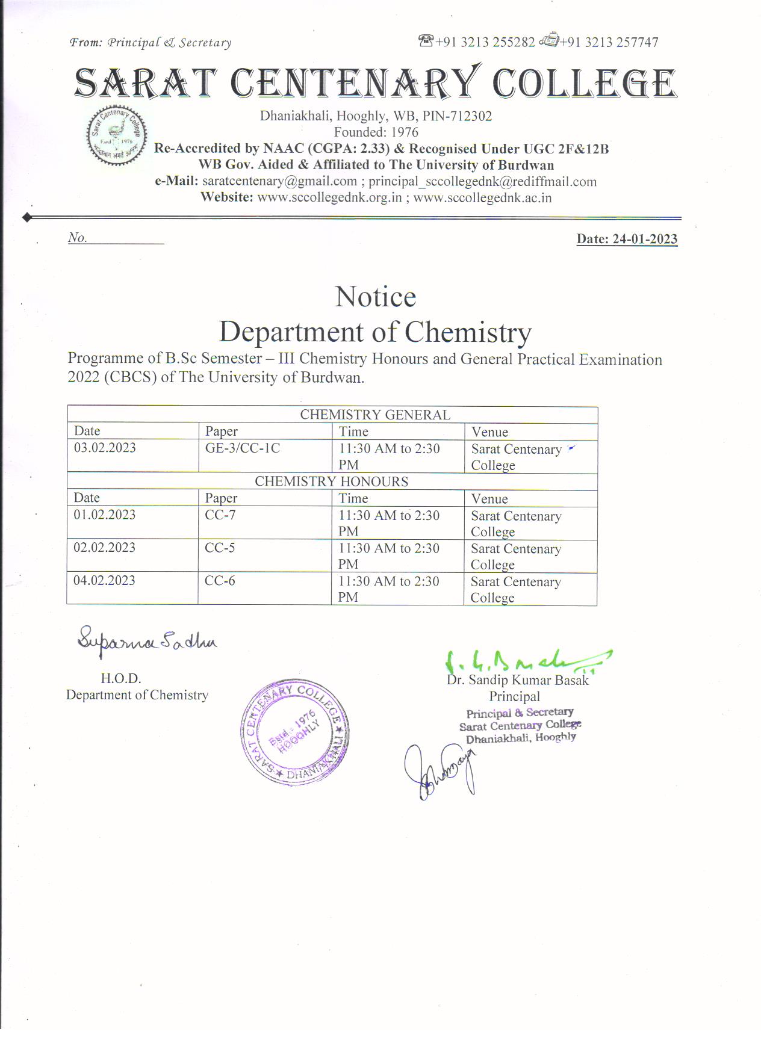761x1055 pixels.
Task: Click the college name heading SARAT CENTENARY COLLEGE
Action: [375, 83]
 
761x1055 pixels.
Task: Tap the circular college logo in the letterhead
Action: [116, 135]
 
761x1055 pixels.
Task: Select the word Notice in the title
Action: [375, 297]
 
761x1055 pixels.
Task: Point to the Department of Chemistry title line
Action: [375, 332]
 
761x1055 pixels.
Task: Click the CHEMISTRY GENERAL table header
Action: [374, 415]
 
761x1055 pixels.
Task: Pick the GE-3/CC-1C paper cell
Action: [243, 448]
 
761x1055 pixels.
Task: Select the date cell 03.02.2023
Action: [105, 448]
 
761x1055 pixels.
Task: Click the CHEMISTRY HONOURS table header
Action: [331, 481]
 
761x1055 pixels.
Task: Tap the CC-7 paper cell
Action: [220, 515]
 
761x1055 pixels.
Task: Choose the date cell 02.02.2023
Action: [105, 548]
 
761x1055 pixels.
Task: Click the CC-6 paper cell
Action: [220, 581]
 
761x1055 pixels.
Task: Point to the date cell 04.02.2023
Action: [105, 581]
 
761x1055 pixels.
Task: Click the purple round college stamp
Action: [294, 732]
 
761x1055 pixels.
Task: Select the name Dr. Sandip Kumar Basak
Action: [517, 680]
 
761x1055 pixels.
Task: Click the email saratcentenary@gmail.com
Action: [279, 181]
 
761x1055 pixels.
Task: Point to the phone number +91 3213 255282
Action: [485, 42]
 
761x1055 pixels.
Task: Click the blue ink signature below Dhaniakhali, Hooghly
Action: [440, 772]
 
